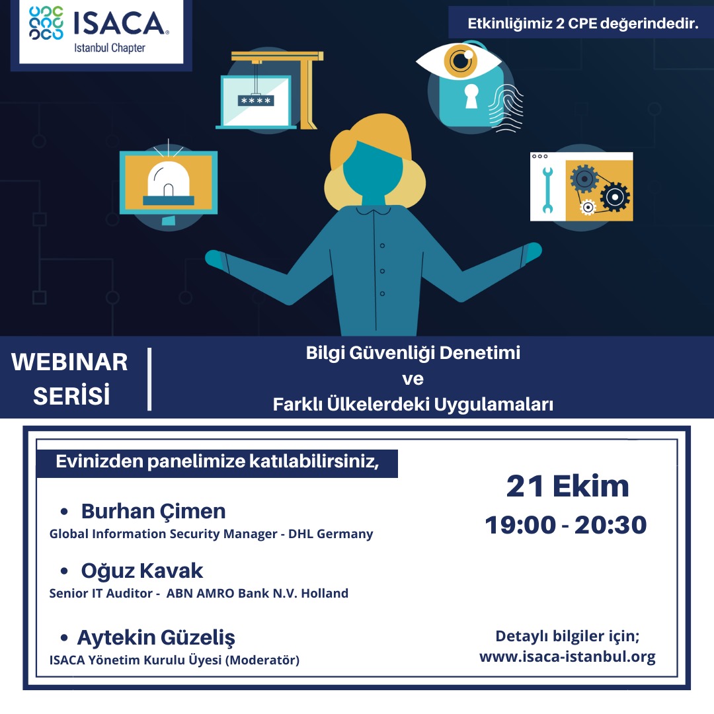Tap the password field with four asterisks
tap(256, 100)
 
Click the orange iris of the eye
tap(460, 60)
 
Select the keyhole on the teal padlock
tap(471, 96)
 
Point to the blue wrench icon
tap(547, 190)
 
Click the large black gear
tap(615, 197)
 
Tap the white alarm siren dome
tap(169, 178)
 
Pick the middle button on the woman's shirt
tap(383, 271)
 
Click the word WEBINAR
tap(69, 362)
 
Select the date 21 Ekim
tap(567, 486)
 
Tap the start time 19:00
tap(520, 524)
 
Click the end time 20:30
tap(610, 524)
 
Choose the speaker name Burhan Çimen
tap(153, 511)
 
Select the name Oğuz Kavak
tap(142, 571)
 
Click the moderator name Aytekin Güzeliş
tap(156, 637)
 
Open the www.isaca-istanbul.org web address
tap(567, 656)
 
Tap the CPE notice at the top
tap(583, 23)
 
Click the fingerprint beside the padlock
tap(506, 108)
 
